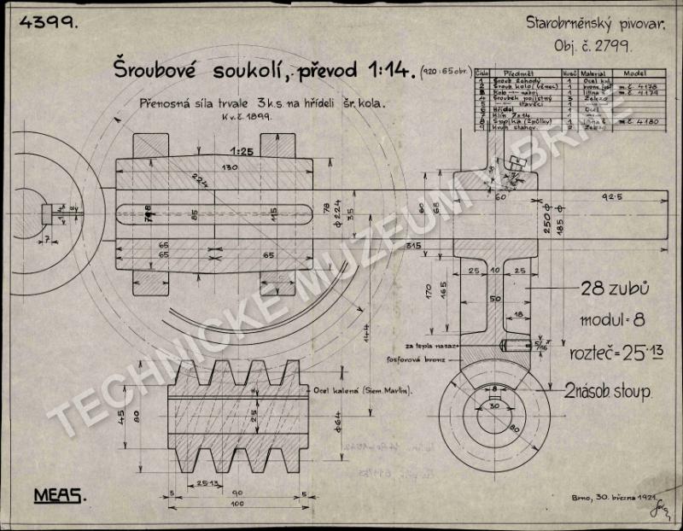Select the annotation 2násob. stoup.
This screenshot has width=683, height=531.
tap(608, 392)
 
